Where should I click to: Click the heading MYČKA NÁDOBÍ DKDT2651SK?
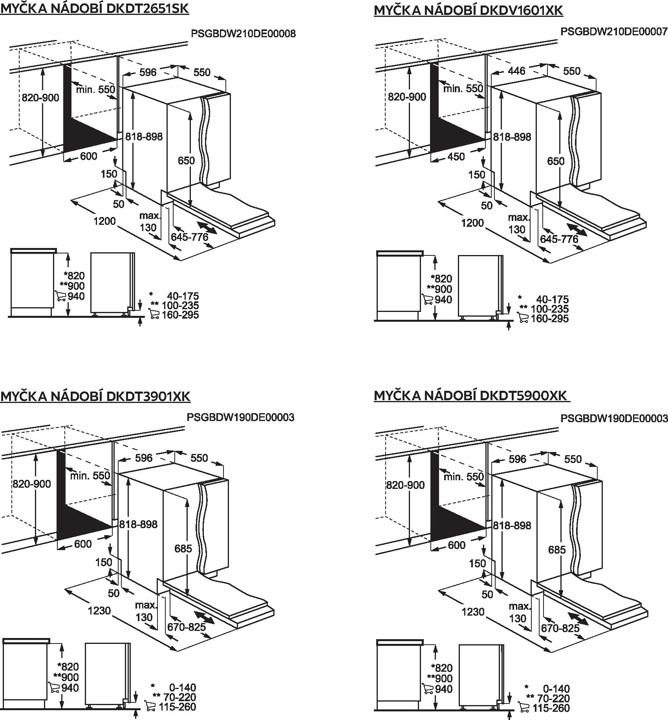point(95,9)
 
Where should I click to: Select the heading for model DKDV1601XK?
point(469,10)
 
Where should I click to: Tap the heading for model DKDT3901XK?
point(95,396)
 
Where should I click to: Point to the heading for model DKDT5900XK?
point(471,396)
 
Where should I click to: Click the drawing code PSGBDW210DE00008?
point(243,34)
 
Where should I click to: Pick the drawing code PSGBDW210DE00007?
point(614,31)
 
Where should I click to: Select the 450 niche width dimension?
point(456,157)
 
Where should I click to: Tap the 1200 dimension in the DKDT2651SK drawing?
point(104,221)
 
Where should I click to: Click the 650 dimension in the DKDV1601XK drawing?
point(556,161)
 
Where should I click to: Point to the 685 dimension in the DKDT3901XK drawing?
point(183,548)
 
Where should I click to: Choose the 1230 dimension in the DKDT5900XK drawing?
point(473,611)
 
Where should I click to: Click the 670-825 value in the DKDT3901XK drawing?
point(187,627)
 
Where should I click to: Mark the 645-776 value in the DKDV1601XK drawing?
point(559,239)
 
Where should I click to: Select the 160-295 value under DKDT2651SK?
point(180,315)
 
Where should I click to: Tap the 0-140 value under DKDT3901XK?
point(183,687)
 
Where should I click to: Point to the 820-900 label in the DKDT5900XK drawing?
point(405,485)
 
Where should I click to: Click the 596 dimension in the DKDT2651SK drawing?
point(148,72)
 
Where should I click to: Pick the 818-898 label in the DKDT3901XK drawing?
point(138,524)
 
